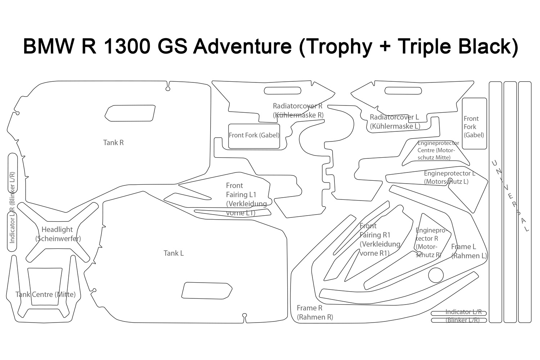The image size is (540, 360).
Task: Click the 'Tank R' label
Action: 113,143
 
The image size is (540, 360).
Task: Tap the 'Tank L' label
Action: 174,253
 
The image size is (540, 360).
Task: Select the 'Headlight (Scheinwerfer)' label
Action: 58,234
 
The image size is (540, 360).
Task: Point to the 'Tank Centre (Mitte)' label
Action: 45,294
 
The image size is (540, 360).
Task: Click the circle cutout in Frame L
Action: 436,275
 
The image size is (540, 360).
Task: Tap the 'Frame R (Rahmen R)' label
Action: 315,312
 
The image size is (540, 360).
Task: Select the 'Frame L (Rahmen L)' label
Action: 469,251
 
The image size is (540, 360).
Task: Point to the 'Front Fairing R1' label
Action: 379,239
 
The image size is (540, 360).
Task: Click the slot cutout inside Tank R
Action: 130,113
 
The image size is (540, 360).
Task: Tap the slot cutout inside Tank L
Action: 207,291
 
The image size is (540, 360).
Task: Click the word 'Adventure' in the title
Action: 242,47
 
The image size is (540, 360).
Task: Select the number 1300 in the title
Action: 127,47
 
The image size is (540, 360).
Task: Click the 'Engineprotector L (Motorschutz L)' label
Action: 449,177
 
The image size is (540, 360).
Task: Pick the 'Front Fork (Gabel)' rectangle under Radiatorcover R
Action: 254,136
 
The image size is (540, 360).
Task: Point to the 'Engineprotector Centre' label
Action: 438,150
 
